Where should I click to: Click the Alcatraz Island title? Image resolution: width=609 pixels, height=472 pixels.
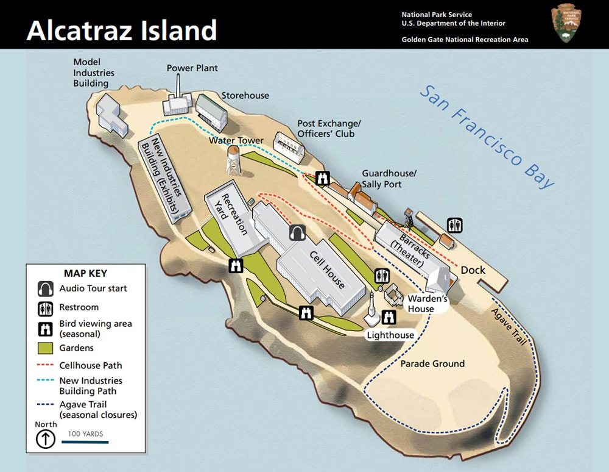click(122, 29)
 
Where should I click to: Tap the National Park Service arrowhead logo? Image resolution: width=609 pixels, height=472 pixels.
click(566, 24)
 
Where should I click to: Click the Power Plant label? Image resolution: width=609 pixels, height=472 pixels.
click(192, 68)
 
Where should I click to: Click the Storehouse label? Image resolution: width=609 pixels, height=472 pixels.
click(245, 95)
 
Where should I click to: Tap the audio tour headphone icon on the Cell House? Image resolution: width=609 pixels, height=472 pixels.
click(297, 232)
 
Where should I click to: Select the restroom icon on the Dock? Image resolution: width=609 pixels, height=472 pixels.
click(455, 225)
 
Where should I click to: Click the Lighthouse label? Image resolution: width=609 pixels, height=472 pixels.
click(390, 335)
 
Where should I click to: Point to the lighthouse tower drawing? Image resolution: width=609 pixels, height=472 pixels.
click(371, 308)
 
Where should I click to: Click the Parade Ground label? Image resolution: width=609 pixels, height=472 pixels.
click(432, 363)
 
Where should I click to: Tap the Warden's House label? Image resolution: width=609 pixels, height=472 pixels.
click(428, 304)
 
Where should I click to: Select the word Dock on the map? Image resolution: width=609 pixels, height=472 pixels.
click(473, 270)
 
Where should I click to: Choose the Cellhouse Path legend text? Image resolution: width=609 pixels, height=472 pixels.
click(91, 365)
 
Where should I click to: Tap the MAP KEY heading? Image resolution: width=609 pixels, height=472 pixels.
click(85, 273)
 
